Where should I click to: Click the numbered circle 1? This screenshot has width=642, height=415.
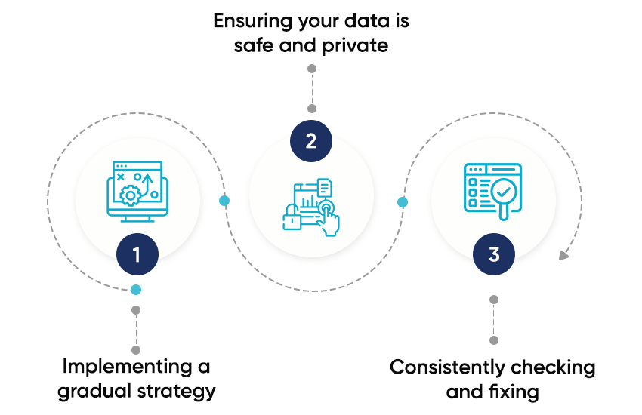point(137,255)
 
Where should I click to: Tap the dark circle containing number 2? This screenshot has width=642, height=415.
point(311,140)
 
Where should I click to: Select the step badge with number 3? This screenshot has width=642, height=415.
point(494,254)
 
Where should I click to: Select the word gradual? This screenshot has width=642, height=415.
point(97,391)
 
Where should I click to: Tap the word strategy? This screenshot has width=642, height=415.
point(178,391)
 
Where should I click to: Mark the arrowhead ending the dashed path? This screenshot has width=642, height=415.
point(563,255)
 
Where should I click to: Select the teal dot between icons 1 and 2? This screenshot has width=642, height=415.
point(224,201)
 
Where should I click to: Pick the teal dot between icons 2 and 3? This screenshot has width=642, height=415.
point(403,202)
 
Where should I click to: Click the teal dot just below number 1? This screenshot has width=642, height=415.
point(136,290)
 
